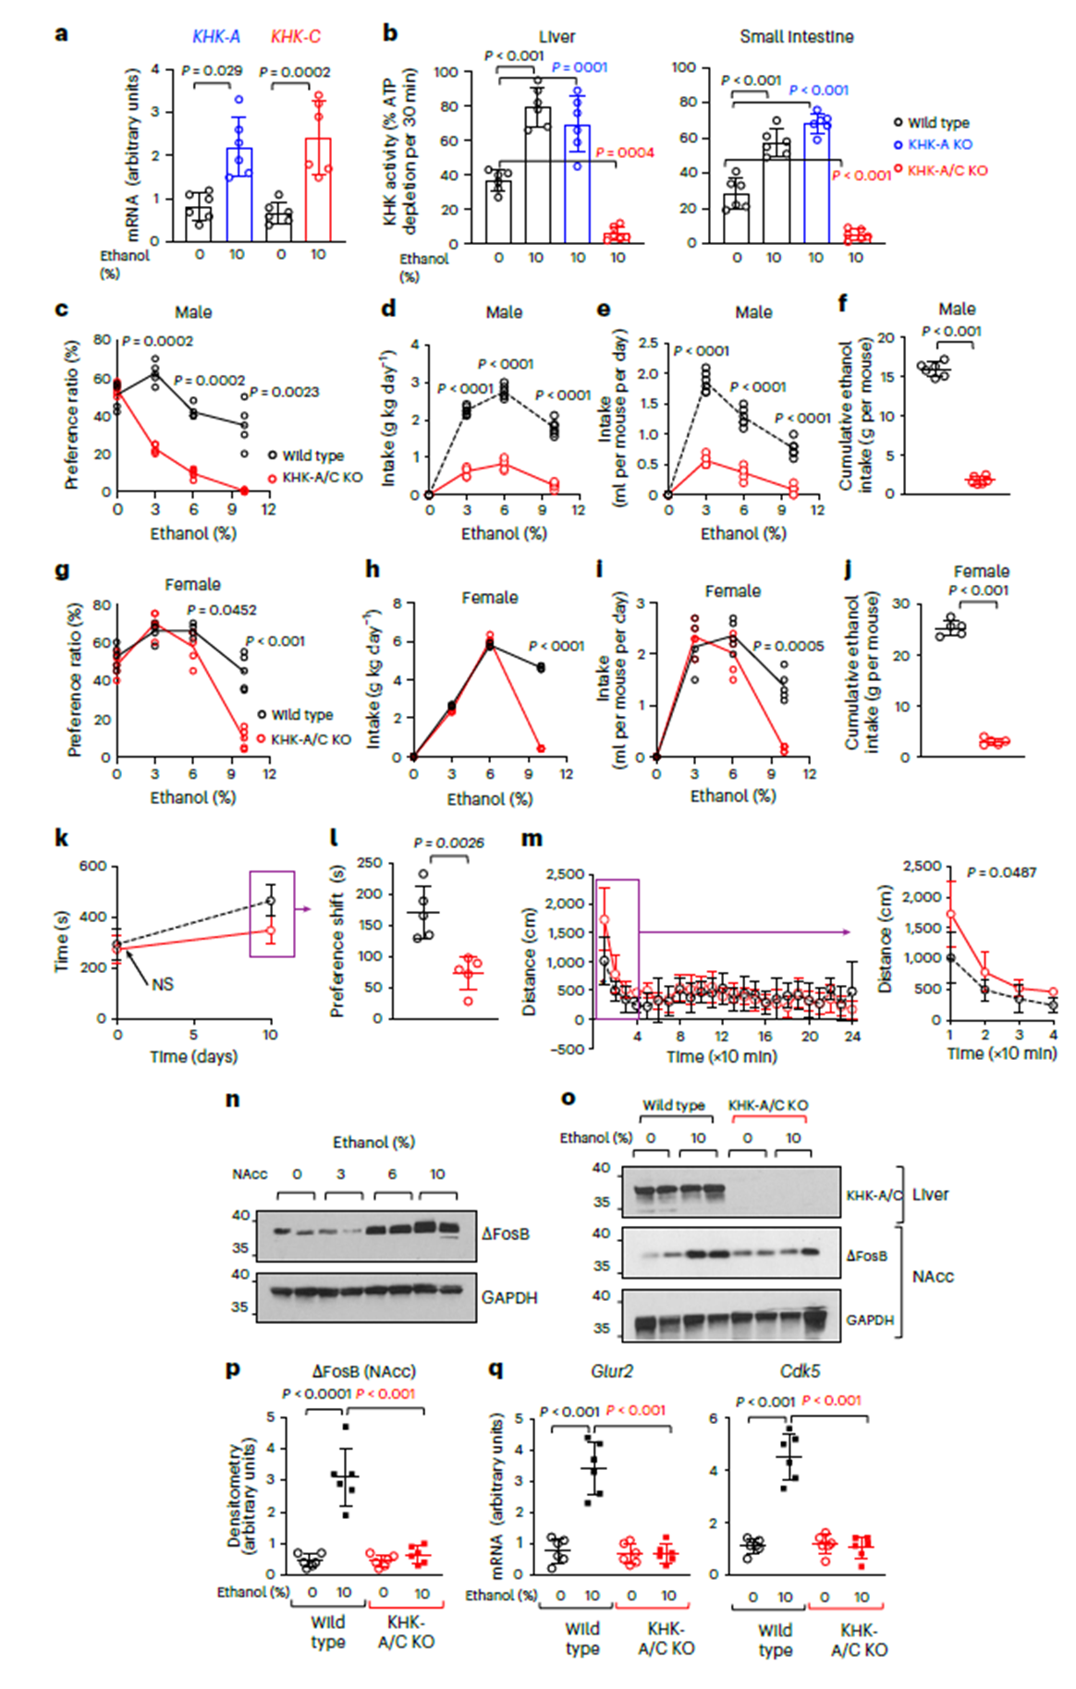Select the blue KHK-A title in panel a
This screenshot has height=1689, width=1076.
[216, 37]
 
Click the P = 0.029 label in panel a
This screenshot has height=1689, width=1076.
[212, 70]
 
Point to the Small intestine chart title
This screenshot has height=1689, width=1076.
[796, 37]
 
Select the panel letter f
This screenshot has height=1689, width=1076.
[842, 303]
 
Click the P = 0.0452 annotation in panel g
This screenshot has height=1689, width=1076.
[222, 610]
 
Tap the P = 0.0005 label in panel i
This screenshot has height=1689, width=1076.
[789, 646]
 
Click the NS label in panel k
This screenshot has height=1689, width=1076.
[163, 984]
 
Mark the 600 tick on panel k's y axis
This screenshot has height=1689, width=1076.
[92, 867]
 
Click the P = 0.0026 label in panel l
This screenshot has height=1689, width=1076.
[448, 843]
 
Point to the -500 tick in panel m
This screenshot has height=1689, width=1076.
[566, 1049]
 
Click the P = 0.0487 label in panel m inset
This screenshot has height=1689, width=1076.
[1001, 872]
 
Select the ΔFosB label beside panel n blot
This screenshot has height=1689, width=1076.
[506, 1233]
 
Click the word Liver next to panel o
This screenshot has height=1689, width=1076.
[930, 1195]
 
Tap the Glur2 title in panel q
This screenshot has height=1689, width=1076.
[612, 1371]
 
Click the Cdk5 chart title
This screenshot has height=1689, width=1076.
[800, 1371]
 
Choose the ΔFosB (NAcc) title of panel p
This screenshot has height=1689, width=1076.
[363, 1371]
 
